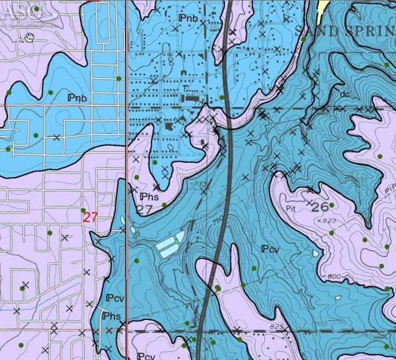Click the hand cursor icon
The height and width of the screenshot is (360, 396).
pyautogui.click(x=30, y=37)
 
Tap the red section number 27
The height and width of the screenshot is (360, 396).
pyautogui.click(x=90, y=217)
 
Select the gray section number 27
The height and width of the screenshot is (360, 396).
pyautogui.click(x=144, y=209)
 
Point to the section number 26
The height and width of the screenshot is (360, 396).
pyautogui.click(x=320, y=206)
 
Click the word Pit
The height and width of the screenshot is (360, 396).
pyautogui.click(x=291, y=208)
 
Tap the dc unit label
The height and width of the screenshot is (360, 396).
pyautogui.click(x=344, y=94)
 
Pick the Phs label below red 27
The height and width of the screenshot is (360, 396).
pyautogui.click(x=112, y=316)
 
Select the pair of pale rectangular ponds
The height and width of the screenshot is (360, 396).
pyautogui.click(x=170, y=245)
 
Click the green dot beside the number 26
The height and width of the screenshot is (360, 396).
pyautogui.click(x=332, y=205)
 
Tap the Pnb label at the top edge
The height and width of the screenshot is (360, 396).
pyautogui.click(x=188, y=19)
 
